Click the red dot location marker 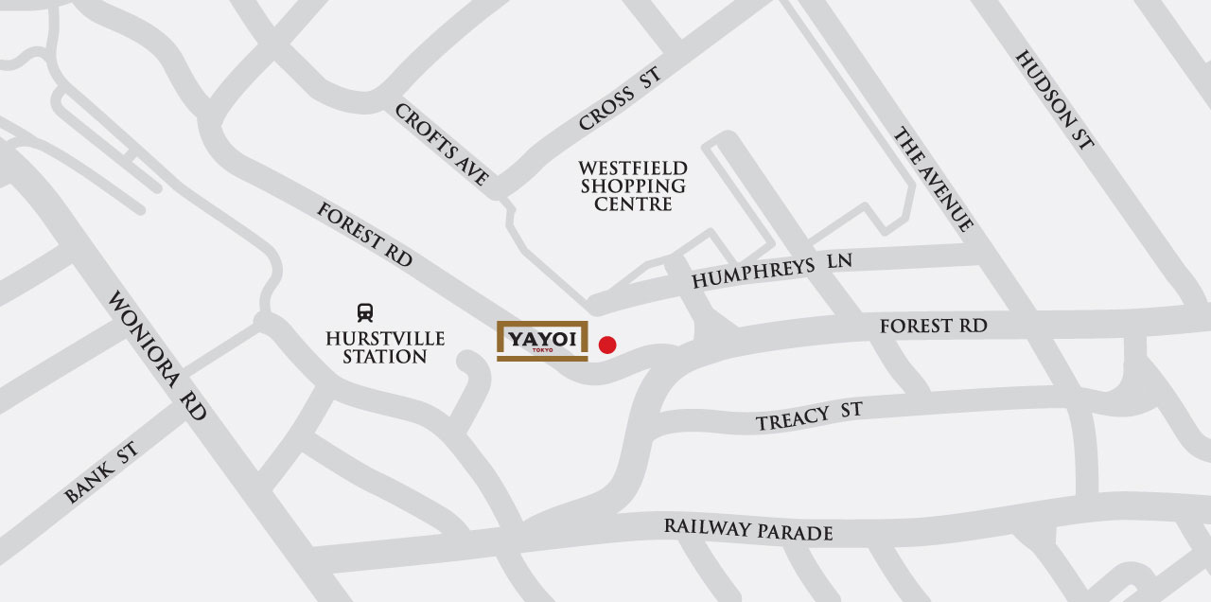point(607,345)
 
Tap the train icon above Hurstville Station point(364,312)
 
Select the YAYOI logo point(542,341)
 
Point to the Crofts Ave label point(442,144)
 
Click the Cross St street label point(619,100)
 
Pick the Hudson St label point(1054,99)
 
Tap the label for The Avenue point(933,180)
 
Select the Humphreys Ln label point(772,273)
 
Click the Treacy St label point(809,416)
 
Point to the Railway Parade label point(747,529)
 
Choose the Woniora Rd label point(157,355)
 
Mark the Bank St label point(101,472)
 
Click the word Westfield point(633,168)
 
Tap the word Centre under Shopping point(633,204)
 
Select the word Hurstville point(385,338)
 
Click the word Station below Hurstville point(385,357)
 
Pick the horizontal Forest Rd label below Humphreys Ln point(933,326)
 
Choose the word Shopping point(633,186)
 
